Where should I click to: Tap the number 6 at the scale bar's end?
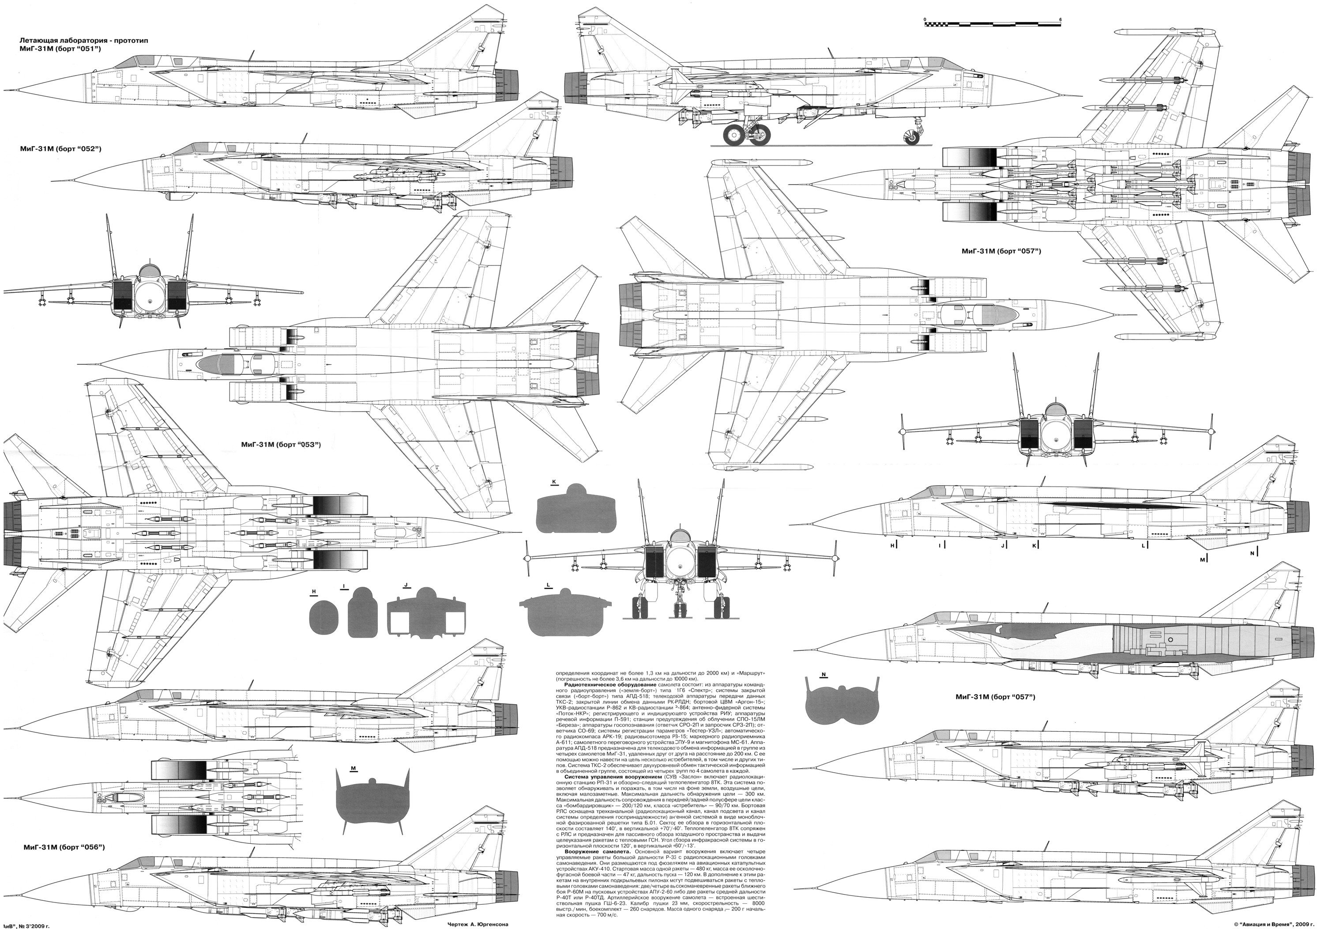(x=1061, y=19)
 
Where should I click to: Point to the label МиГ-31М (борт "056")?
(x=64, y=846)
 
